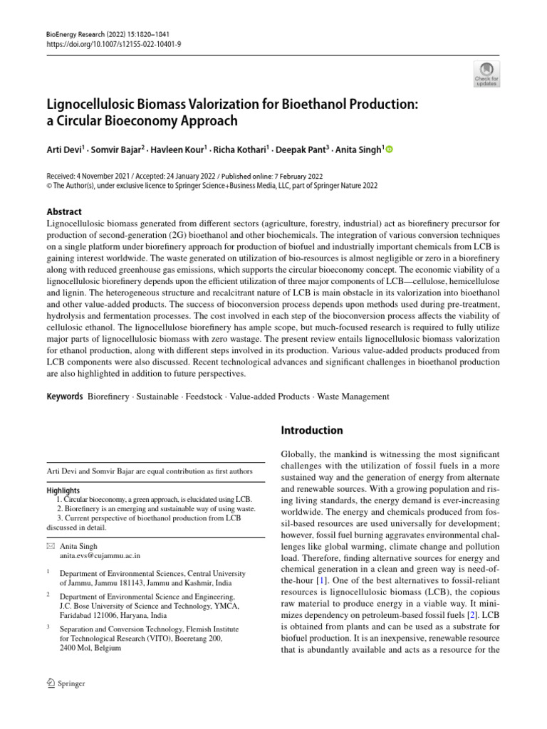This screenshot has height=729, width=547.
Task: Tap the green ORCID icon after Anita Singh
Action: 389,150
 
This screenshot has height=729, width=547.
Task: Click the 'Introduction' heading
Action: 312,431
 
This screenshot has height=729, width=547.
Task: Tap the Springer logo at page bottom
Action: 66,684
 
